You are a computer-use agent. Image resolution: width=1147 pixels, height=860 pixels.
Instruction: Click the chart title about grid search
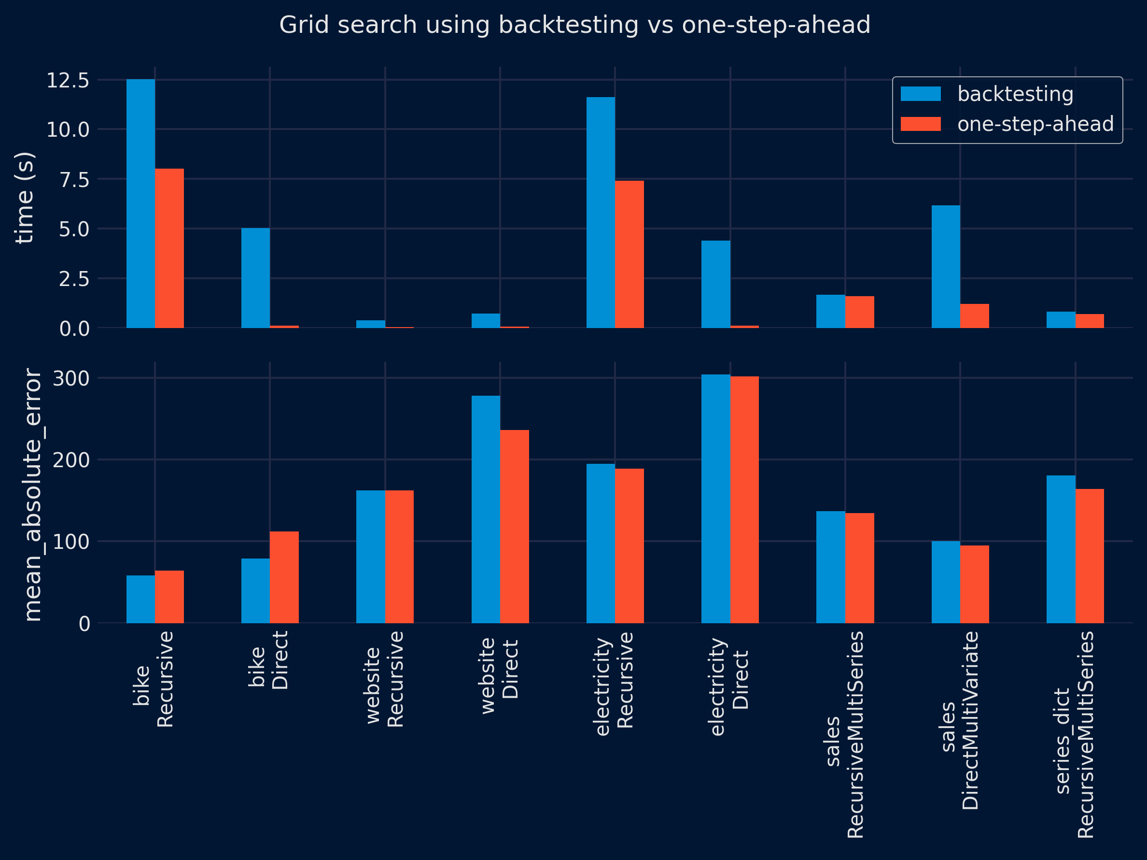pyautogui.click(x=574, y=25)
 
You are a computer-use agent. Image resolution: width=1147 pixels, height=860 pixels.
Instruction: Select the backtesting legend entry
pyautogui.click(x=1015, y=94)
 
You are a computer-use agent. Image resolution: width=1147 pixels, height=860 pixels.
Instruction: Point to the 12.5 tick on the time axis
pyautogui.click(x=68, y=81)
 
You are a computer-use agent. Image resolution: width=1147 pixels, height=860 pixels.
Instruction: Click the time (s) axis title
pyautogui.click(x=24, y=198)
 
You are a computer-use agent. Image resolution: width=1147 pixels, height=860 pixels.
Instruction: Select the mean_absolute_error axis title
pyautogui.click(x=33, y=495)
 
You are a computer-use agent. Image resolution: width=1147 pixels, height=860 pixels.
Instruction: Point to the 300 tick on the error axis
pyautogui.click(x=71, y=378)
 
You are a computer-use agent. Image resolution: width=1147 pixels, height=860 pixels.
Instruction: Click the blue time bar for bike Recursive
pyautogui.click(x=140, y=203)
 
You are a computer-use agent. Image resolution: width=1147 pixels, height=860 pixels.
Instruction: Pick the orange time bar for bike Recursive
pyautogui.click(x=169, y=248)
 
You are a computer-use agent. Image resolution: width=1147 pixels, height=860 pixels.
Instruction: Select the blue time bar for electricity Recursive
pyautogui.click(x=601, y=212)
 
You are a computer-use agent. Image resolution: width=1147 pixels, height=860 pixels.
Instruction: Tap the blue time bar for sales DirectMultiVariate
pyautogui.click(x=945, y=267)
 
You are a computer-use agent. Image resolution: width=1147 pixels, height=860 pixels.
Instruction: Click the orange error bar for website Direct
pyautogui.click(x=515, y=526)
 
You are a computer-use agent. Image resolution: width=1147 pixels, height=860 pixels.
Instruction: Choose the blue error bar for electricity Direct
pyautogui.click(x=715, y=498)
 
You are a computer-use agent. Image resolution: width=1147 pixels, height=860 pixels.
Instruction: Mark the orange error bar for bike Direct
pyautogui.click(x=284, y=577)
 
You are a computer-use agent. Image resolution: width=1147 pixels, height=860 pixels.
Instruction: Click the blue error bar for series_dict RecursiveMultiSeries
pyautogui.click(x=1061, y=549)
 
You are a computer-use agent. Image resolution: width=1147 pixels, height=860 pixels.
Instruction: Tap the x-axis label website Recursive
pyautogui.click(x=384, y=679)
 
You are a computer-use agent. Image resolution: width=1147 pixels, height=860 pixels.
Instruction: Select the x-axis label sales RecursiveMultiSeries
pyautogui.click(x=845, y=734)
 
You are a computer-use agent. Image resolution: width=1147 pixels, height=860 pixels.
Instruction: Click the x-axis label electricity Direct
pyautogui.click(x=729, y=686)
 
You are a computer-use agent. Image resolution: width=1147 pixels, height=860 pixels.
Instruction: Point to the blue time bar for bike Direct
pyautogui.click(x=256, y=278)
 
